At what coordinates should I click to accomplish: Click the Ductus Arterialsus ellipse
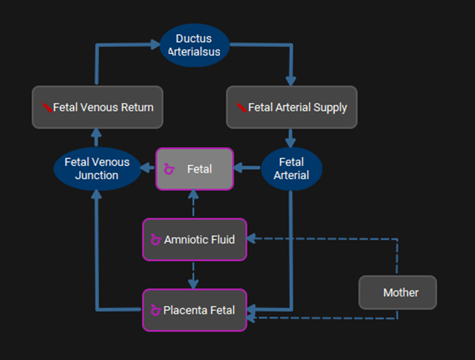(x=194, y=45)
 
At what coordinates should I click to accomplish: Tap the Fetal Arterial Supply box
(x=292, y=107)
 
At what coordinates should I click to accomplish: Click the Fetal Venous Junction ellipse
(x=97, y=169)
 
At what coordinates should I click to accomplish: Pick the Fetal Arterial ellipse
(x=292, y=169)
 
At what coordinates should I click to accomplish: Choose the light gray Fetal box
(x=194, y=169)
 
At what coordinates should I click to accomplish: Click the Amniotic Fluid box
(x=194, y=240)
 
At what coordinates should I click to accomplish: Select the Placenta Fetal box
(x=194, y=310)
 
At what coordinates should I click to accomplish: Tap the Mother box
(x=397, y=292)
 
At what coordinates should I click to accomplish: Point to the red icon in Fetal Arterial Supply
(x=241, y=107)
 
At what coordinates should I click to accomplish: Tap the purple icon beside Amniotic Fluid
(x=156, y=240)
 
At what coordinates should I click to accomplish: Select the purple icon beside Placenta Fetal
(x=156, y=310)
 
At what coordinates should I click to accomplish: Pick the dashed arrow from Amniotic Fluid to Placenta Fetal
(x=194, y=275)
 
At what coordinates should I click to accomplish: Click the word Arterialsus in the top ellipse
(x=194, y=52)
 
